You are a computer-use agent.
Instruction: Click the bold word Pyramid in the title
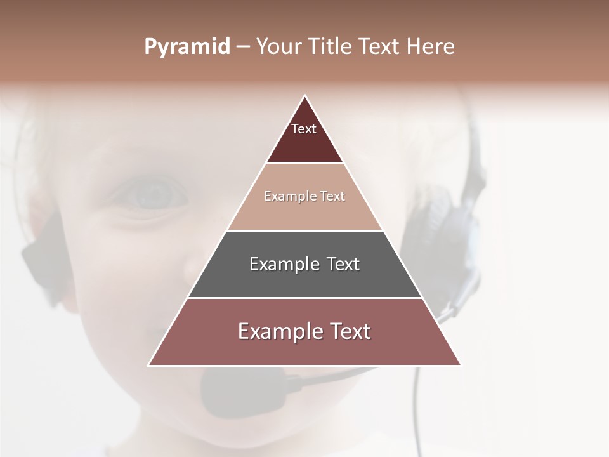(x=187, y=47)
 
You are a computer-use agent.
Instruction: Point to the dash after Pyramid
(x=243, y=47)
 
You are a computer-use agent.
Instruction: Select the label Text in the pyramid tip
(x=304, y=129)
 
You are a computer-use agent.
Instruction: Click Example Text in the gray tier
(x=304, y=264)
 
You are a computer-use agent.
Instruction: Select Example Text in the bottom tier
(x=304, y=331)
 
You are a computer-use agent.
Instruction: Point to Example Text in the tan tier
(x=304, y=196)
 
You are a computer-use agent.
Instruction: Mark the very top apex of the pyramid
(x=304, y=96)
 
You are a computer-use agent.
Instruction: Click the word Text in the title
(x=381, y=47)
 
